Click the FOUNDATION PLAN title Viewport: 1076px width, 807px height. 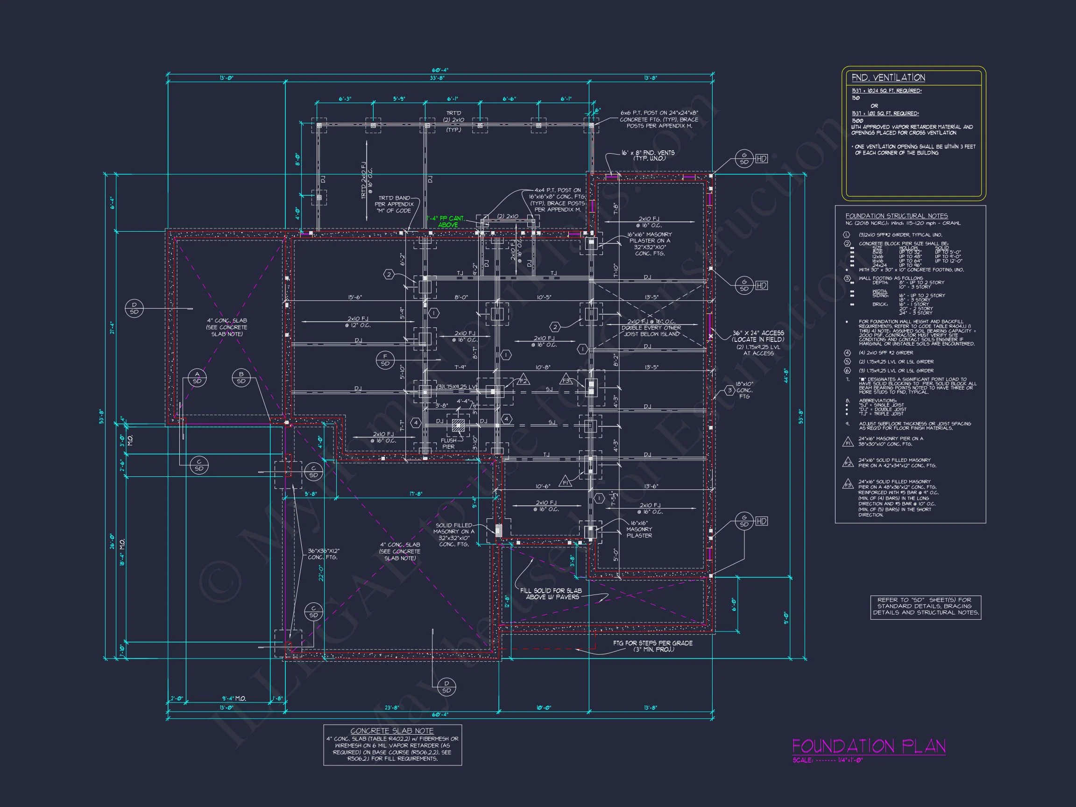pyautogui.click(x=869, y=746)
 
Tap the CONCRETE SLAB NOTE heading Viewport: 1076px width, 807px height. pyautogui.click(x=392, y=730)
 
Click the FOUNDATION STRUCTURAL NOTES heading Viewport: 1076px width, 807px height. pyautogui.click(x=896, y=216)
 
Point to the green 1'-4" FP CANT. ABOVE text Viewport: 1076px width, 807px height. pyautogui.click(x=446, y=222)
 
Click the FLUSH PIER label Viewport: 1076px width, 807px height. pyautogui.click(x=448, y=443)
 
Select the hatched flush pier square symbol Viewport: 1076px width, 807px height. pyautogui.click(x=458, y=426)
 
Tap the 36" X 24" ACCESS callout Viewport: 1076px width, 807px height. pyautogui.click(x=758, y=336)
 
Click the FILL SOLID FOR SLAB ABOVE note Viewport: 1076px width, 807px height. pyautogui.click(x=551, y=594)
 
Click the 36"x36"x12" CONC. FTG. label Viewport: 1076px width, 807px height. pyautogui.click(x=324, y=554)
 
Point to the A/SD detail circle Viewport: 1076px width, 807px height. pyautogui.click(x=197, y=377)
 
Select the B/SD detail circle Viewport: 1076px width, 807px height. pyautogui.click(x=241, y=377)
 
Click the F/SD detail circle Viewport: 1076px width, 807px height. pyautogui.click(x=385, y=360)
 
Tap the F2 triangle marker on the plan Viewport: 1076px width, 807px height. pyautogui.click(x=523, y=380)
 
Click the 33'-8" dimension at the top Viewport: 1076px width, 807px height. pyautogui.click(x=437, y=78)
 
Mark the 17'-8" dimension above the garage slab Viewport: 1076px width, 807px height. pyautogui.click(x=416, y=494)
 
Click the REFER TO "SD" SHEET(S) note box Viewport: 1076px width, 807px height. pyautogui.click(x=926, y=607)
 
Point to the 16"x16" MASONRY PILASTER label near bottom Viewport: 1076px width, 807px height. pyautogui.click(x=639, y=529)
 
